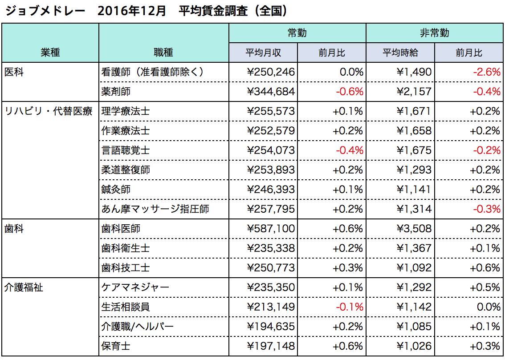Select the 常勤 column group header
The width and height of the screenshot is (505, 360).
click(297, 33)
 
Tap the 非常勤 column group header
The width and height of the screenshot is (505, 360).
click(434, 33)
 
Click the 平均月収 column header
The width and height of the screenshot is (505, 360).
click(263, 53)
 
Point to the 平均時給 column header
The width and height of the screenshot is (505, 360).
click(400, 53)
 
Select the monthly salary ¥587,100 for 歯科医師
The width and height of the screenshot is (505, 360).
click(271, 229)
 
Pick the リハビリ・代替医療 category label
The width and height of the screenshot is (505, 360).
click(49, 111)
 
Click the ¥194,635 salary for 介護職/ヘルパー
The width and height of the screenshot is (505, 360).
click(271, 327)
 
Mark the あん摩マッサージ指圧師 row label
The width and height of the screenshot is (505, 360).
click(155, 209)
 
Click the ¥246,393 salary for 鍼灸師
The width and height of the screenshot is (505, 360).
click(271, 190)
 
